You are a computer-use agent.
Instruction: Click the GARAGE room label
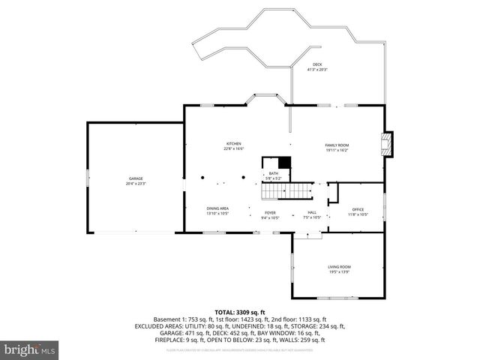tap(136, 178)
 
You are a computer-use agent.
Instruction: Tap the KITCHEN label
tap(234, 143)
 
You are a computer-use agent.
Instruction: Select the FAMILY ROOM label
tap(337, 145)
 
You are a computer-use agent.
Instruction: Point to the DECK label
tap(317, 65)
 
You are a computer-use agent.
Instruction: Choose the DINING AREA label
tap(217, 208)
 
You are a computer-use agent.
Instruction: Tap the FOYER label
tap(270, 212)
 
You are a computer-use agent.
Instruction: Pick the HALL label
tap(311, 212)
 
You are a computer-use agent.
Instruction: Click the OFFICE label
tap(358, 209)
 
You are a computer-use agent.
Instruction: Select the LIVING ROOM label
tap(339, 266)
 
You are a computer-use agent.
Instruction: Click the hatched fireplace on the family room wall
tap(387, 144)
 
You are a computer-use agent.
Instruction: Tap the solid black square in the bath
tap(283, 163)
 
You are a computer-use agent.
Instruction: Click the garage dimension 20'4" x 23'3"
tap(136, 183)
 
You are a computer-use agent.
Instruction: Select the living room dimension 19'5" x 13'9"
tap(339, 271)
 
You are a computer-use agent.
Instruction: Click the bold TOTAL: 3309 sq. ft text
tap(240, 312)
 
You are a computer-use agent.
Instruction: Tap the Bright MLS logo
tap(30, 349)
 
